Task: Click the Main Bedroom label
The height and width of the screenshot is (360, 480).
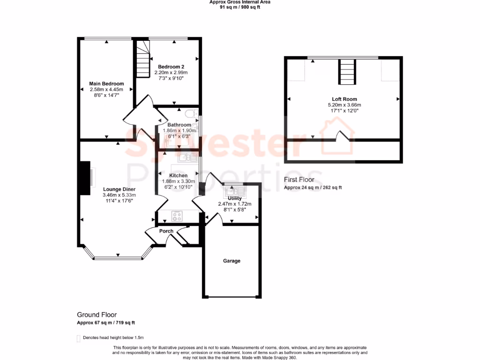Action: pos(106,84)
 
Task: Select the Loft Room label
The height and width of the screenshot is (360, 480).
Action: pos(345,99)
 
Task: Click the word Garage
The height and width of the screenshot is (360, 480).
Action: pos(232,261)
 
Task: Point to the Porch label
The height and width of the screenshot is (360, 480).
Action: pos(166,231)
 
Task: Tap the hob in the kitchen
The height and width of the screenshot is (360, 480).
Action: pos(178,216)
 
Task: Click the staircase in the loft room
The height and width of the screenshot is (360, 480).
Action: pos(347,72)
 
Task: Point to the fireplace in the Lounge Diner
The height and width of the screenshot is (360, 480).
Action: pos(85,178)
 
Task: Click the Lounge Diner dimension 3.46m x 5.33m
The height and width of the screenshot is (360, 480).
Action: pos(120,195)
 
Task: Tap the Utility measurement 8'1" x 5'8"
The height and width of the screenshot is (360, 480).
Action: pos(234,210)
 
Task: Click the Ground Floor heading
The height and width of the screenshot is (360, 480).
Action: pos(97,315)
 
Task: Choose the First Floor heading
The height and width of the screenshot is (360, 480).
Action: pos(303,180)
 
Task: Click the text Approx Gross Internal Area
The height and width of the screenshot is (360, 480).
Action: pos(240,2)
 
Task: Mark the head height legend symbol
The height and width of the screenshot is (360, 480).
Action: pos(78,337)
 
